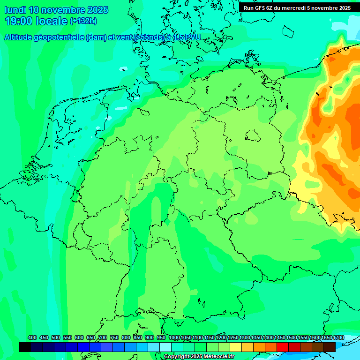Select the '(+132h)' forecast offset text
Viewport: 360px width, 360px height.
[x=83, y=21]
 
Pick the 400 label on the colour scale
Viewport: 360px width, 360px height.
[x=32, y=337]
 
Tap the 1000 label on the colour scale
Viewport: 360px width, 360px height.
[x=174, y=337]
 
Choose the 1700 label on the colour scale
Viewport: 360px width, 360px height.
[x=338, y=337]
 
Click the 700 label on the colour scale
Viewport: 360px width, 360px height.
[x=103, y=337]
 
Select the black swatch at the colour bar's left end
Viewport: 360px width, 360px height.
[x=25, y=347]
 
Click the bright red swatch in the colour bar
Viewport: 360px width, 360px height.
[x=283, y=347]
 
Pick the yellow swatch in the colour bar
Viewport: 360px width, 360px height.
[x=236, y=347]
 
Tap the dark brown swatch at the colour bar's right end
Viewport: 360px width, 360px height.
[x=330, y=347]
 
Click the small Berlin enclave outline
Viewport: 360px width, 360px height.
[x=253, y=135]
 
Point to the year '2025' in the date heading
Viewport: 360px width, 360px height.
[x=97, y=10]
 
